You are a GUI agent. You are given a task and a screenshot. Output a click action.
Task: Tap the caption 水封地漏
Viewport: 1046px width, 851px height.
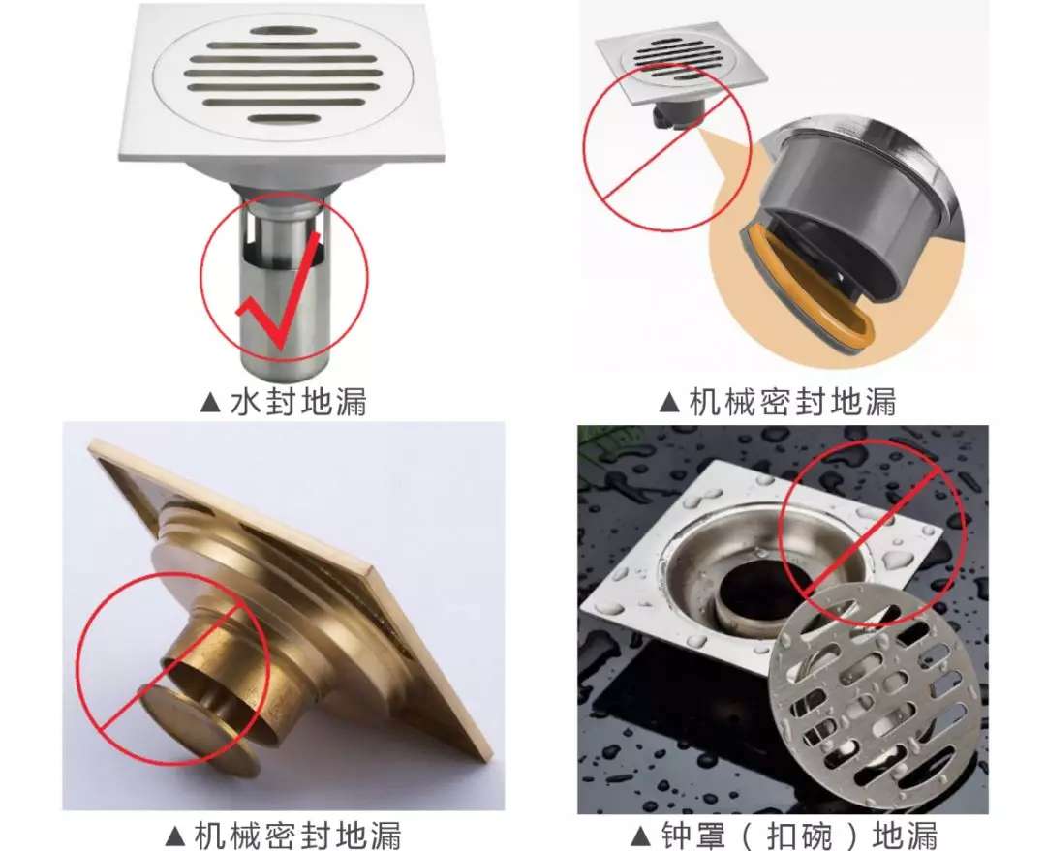[298, 402]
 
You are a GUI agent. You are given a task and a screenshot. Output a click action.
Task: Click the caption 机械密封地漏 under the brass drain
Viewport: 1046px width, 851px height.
[297, 835]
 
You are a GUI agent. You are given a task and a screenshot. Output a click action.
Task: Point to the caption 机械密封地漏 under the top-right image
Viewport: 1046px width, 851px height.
[792, 402]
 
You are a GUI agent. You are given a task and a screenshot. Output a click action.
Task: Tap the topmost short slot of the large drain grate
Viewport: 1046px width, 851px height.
[283, 31]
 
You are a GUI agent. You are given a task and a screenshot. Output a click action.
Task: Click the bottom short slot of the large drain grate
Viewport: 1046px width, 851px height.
[284, 119]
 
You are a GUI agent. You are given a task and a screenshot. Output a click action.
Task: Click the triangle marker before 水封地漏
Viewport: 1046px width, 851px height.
[210, 402]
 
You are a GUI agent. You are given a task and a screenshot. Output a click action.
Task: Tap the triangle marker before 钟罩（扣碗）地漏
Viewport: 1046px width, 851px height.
[640, 835]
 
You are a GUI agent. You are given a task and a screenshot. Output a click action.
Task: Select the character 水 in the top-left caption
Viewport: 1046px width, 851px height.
[245, 402]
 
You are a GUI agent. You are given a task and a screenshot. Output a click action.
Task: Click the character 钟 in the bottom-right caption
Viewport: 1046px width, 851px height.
[677, 835]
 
